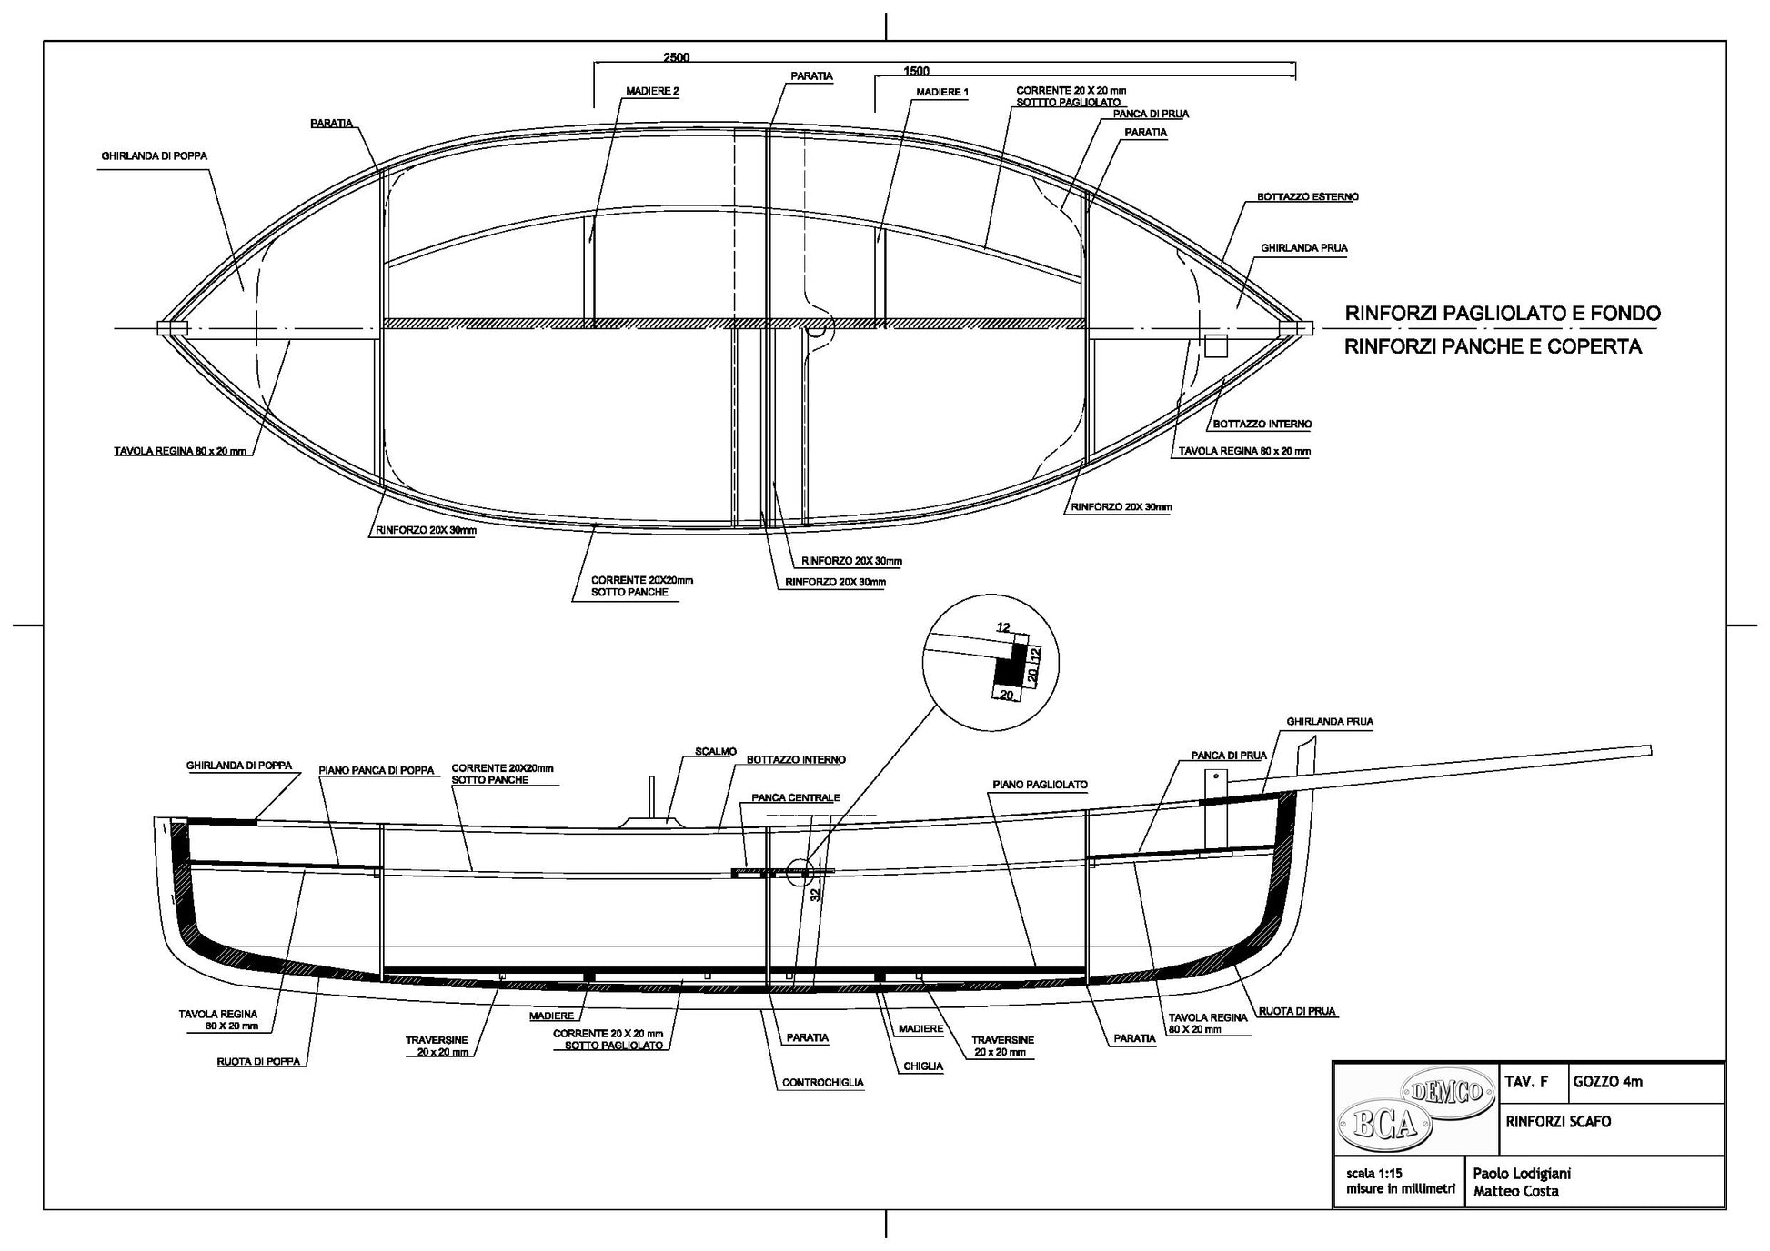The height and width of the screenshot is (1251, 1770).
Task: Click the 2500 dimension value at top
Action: point(676,57)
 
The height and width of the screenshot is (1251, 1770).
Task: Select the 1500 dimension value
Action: point(917,71)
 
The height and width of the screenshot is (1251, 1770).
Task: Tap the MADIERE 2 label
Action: point(652,91)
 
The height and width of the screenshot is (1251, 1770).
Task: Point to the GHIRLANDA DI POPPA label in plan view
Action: point(154,155)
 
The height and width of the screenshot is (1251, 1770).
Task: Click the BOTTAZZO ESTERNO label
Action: point(1307,196)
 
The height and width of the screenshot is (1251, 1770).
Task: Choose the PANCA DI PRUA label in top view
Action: point(1151,114)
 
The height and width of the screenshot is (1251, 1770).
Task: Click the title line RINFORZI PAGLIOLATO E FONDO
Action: point(1502,314)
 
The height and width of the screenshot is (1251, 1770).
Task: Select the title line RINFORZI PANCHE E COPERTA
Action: point(1493,346)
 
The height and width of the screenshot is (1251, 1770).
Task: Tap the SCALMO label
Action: point(715,751)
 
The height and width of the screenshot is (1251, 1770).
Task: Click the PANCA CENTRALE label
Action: point(795,797)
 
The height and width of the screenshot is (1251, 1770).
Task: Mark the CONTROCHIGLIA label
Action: point(822,1083)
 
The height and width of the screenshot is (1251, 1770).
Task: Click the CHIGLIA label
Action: point(922,1066)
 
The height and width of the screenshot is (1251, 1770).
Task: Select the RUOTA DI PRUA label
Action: point(1298,1011)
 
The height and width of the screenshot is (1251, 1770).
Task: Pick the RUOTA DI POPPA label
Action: point(258,1061)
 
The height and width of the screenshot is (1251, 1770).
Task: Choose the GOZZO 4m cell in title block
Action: point(1607,1082)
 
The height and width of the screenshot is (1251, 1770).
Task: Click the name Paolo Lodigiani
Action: point(1521,1173)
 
